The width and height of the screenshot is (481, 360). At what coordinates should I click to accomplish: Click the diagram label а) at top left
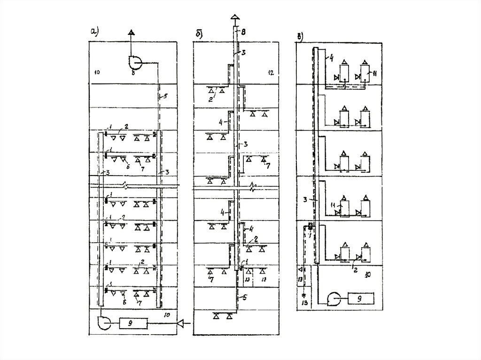pyautogui.click(x=93, y=32)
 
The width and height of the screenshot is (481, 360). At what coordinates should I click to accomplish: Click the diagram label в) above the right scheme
pyautogui.click(x=302, y=35)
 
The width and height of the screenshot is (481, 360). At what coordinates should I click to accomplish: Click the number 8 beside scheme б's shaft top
pyautogui.click(x=243, y=32)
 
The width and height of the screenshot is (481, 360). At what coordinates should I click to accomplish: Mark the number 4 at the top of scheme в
pyautogui.click(x=331, y=58)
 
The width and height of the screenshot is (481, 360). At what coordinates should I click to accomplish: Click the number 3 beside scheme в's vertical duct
pyautogui.click(x=305, y=199)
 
